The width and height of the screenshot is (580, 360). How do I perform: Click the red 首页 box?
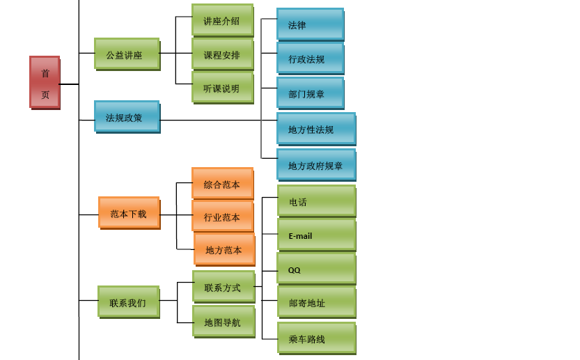pyautogui.click(x=45, y=82)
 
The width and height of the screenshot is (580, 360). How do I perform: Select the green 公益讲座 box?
pyautogui.click(x=127, y=54)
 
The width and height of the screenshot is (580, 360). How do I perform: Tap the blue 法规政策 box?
pyautogui.click(x=127, y=116)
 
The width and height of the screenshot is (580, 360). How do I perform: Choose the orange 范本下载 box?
pyautogui.click(x=129, y=212)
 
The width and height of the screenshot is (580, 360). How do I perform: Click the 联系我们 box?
pyautogui.click(x=128, y=302)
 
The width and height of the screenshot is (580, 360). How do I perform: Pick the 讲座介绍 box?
pyautogui.click(x=222, y=20)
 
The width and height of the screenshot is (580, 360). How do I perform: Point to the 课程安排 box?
pyautogui.click(x=222, y=54)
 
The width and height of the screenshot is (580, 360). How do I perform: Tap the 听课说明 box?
pyautogui.click(x=222, y=87)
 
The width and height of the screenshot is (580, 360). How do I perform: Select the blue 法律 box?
pyautogui.click(x=310, y=24)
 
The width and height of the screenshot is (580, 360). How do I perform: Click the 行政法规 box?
pyautogui.click(x=310, y=58)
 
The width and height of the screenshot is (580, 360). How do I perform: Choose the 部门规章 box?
pyautogui.click(x=310, y=93)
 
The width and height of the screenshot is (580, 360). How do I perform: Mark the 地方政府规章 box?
pyautogui.click(x=316, y=164)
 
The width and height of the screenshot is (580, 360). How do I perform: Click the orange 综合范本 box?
pyautogui.click(x=222, y=183)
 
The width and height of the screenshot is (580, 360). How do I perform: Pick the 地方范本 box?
pyautogui.click(x=224, y=249)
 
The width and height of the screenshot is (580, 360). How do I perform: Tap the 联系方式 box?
pyautogui.click(x=223, y=286)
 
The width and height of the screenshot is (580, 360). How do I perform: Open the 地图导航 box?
pyautogui.click(x=223, y=321)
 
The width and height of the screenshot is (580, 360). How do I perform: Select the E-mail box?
pyautogui.click(x=316, y=235)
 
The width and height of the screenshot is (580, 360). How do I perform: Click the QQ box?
pyautogui.click(x=316, y=269)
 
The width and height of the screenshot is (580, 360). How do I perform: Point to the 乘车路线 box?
pyautogui.click(x=316, y=338)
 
